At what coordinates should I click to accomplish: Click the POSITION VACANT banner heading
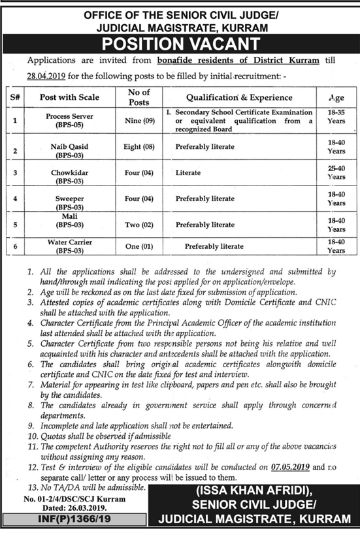point(180,44)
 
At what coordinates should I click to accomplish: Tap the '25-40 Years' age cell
point(336,172)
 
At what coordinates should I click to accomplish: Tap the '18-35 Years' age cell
point(336,118)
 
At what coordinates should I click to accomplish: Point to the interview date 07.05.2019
point(288,468)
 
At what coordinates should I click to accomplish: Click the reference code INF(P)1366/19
point(46,519)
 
